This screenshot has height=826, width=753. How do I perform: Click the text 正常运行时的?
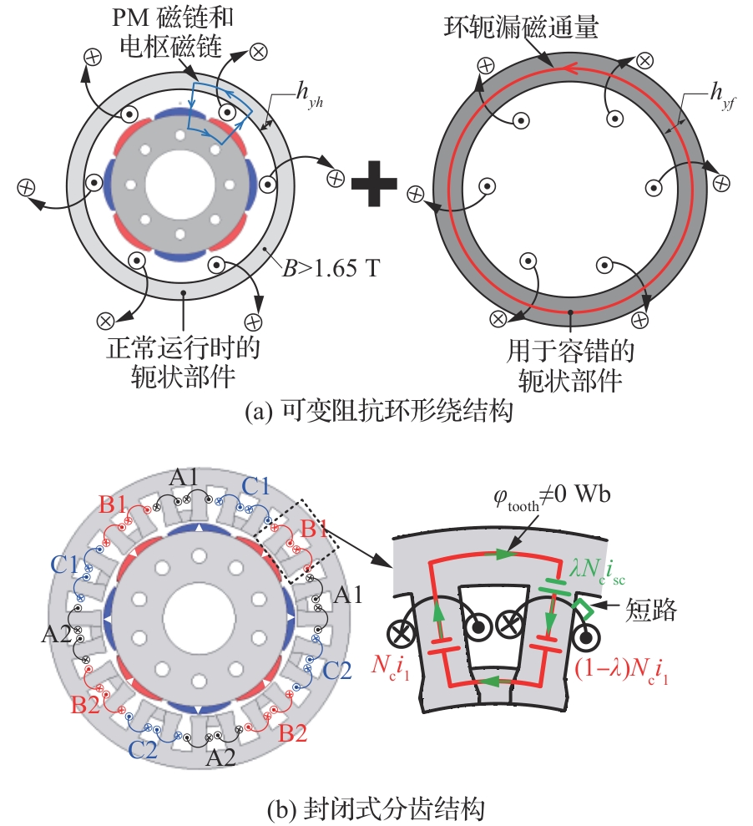coord(183,344)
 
